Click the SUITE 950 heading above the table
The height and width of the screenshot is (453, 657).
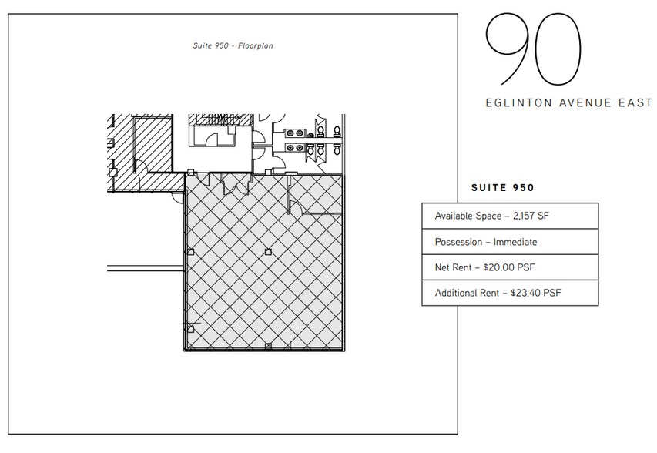tap(501, 187)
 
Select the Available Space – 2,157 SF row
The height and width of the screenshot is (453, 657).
tap(509, 216)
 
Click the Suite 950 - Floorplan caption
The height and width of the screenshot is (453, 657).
tap(233, 46)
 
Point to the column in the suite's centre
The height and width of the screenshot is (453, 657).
tap(267, 252)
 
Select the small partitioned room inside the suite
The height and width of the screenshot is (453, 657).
tap(315, 196)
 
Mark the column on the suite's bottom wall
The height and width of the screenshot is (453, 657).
tap(267, 347)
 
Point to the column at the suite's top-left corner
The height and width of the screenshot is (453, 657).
tap(190, 173)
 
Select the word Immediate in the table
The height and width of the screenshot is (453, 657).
tap(516, 242)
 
